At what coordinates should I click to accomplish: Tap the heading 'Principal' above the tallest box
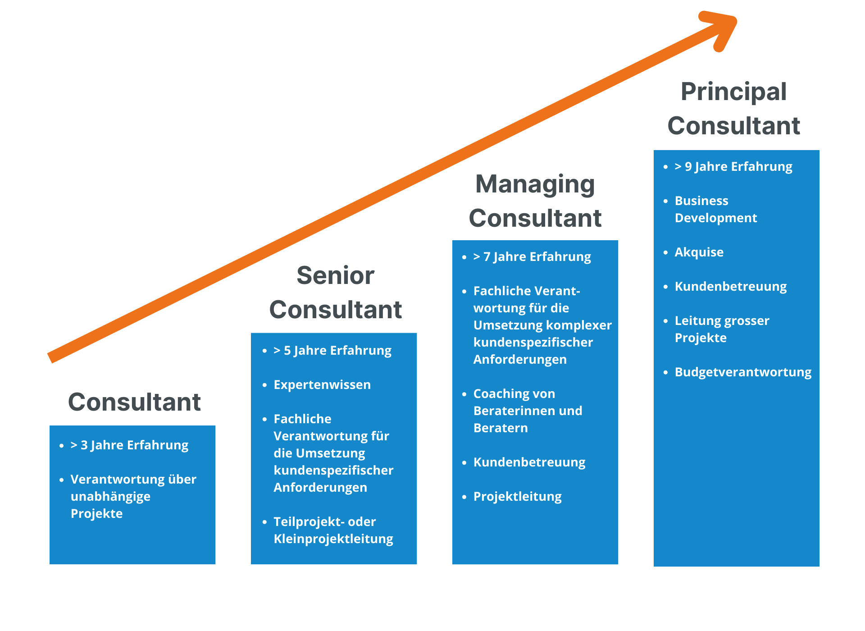[733, 92]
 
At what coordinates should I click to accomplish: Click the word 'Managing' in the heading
[535, 184]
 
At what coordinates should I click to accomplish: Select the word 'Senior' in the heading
[336, 275]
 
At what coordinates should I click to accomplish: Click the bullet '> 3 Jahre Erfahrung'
[130, 445]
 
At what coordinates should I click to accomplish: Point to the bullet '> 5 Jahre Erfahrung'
[332, 351]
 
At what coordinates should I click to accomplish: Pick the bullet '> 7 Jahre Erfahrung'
[532, 257]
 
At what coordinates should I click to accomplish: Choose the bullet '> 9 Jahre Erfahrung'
[733, 167]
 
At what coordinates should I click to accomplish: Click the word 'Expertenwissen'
[322, 385]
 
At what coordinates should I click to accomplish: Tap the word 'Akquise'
[699, 252]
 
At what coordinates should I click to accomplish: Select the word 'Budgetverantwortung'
[743, 372]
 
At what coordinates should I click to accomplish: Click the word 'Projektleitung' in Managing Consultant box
[517, 497]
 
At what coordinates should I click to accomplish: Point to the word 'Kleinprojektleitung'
[333, 539]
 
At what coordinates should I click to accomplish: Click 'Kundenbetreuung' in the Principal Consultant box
[730, 287]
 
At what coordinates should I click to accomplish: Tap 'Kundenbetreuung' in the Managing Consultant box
[529, 462]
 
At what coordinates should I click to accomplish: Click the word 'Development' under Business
[716, 218]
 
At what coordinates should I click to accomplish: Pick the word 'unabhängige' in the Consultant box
[110, 497]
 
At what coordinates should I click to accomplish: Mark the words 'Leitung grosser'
[722, 321]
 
